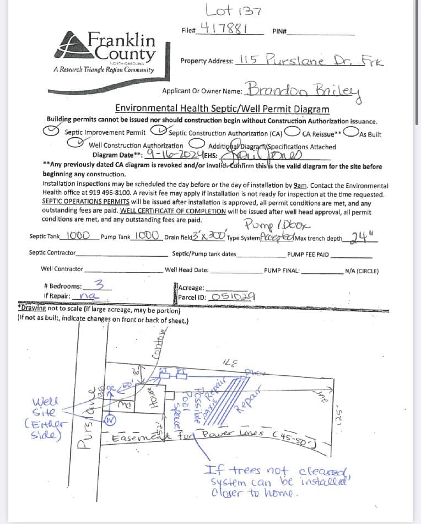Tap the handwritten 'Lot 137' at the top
point(228,9)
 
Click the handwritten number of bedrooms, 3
point(99,285)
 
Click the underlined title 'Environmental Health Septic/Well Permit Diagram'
point(222,109)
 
